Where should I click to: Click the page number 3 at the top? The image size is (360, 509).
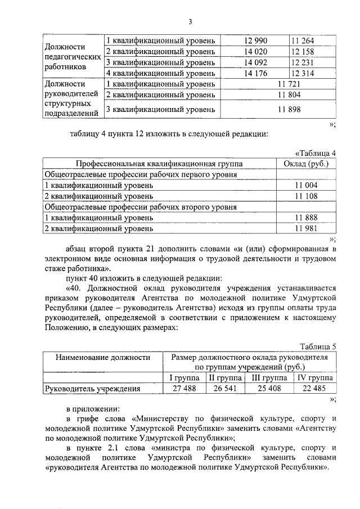(190, 22)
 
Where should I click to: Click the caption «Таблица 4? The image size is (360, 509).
(316, 154)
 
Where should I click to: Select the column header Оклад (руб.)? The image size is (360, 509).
(307, 164)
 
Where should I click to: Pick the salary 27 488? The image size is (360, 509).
(184, 389)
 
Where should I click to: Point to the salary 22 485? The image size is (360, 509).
(315, 389)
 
